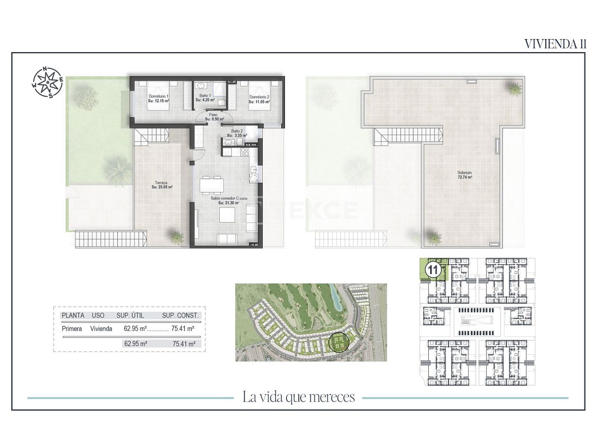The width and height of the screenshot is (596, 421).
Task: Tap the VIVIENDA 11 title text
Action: point(555,44)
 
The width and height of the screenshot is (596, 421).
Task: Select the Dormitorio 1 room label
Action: point(158,97)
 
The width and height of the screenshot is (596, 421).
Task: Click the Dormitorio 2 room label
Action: point(259,97)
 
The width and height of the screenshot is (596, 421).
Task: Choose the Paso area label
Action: point(213,114)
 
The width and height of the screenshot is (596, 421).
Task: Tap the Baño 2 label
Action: point(237,131)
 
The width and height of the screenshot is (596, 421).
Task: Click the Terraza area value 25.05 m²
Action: point(162,187)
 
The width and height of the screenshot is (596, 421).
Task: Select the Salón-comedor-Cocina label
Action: point(229,198)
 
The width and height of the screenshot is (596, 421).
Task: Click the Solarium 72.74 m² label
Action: point(464,175)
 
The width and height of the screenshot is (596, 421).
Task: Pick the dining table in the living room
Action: point(212,185)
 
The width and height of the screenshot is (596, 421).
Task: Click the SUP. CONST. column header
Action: point(180,315)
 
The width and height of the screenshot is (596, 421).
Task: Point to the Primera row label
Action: point(72,328)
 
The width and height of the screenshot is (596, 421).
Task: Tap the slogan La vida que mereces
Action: point(298,397)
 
